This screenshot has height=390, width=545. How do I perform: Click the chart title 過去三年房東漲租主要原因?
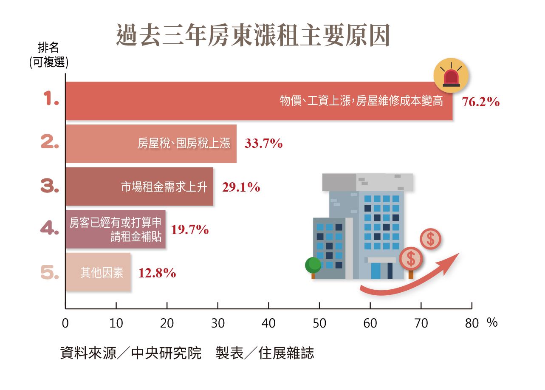253,37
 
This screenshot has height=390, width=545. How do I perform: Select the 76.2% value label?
480,102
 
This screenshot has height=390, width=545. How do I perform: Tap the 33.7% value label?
263,144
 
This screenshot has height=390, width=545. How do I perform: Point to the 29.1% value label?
241,187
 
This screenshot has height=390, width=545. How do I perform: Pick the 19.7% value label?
190,230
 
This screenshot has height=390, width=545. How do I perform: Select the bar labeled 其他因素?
98,272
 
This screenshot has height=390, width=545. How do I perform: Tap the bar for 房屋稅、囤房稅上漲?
151,144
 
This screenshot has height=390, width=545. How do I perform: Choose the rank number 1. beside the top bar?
51,100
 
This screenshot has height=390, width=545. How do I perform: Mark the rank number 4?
50,229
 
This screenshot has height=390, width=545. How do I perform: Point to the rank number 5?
50,273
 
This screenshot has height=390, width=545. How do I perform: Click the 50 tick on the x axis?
319,324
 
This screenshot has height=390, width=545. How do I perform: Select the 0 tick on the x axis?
65,324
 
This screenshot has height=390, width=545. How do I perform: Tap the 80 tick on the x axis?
472,324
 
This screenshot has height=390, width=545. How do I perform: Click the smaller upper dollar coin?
430,239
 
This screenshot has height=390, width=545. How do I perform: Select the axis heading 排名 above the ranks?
48,48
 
